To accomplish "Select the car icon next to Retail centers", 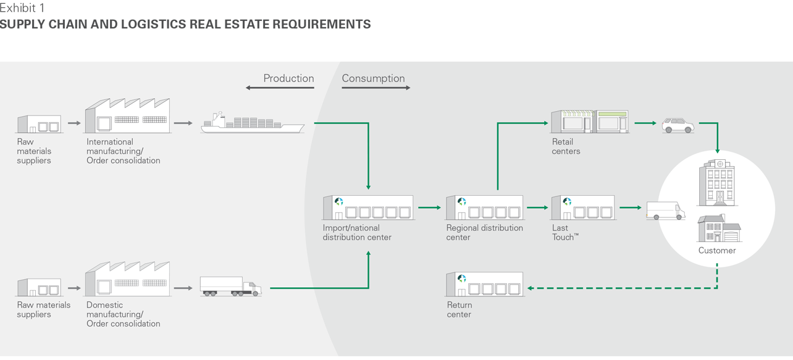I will tap(678, 125).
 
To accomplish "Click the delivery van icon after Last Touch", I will tap(665, 211).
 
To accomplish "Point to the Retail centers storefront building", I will tap(590, 122).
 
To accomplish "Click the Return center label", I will tap(459, 309).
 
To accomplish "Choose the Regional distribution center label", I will tap(484, 232).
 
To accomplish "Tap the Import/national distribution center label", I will tap(357, 232).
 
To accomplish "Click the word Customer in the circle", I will tap(716, 251).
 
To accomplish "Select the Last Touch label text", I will tap(564, 232).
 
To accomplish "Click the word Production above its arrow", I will tap(288, 78).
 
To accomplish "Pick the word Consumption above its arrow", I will tap(373, 78).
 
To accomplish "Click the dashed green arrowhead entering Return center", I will tap(530, 288).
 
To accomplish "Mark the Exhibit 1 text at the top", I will tap(22, 9).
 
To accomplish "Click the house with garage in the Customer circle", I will tap(719, 229).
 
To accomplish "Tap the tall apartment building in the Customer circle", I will tap(716, 183).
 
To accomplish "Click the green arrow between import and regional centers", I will tap(429, 208).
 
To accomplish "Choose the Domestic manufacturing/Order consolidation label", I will tap(123, 314).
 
